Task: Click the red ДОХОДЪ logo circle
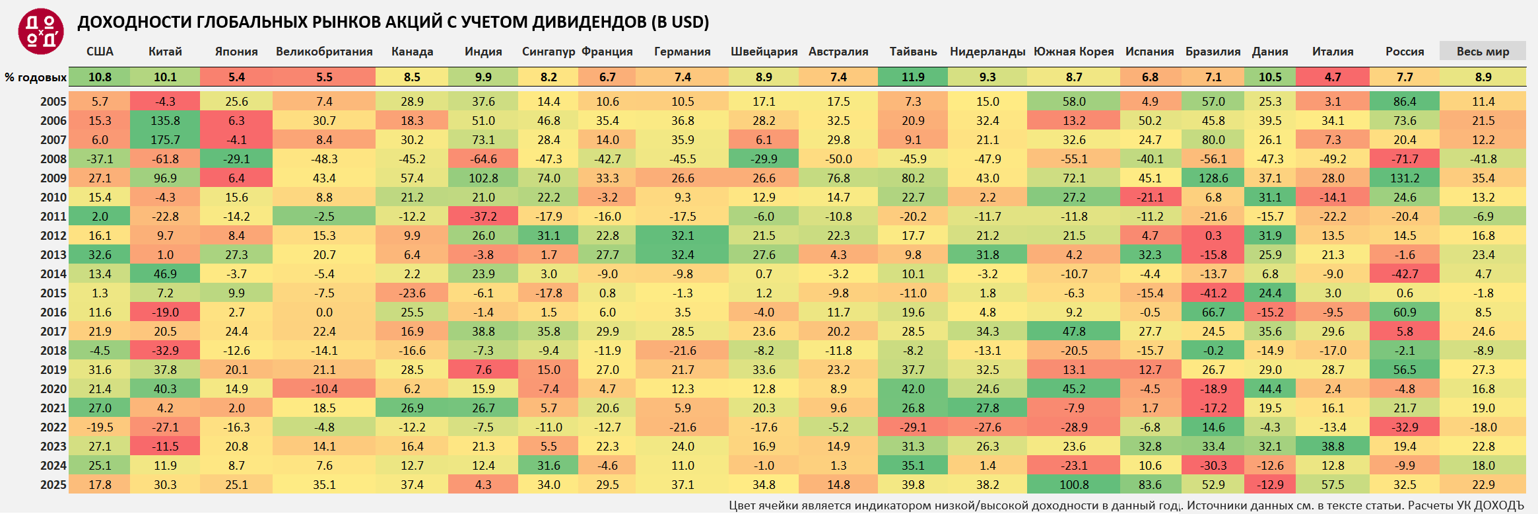click(x=41, y=32)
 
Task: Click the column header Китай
click(x=165, y=52)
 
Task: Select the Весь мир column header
click(x=1483, y=52)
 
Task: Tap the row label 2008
click(x=53, y=159)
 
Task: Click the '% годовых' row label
click(x=36, y=77)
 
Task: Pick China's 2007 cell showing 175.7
click(x=165, y=140)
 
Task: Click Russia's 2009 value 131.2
click(x=1404, y=178)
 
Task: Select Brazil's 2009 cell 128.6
click(x=1213, y=178)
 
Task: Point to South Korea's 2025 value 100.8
click(x=1074, y=485)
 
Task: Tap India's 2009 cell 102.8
click(x=483, y=178)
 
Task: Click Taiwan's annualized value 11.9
click(x=913, y=77)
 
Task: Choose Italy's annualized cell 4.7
click(x=1333, y=77)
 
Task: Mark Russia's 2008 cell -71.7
click(x=1404, y=159)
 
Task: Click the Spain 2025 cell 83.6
click(x=1150, y=485)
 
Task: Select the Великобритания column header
click(x=324, y=52)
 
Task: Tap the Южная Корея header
click(x=1073, y=52)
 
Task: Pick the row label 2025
click(x=53, y=485)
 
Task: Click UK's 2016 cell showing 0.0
click(x=324, y=312)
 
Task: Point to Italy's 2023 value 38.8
click(x=1333, y=447)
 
